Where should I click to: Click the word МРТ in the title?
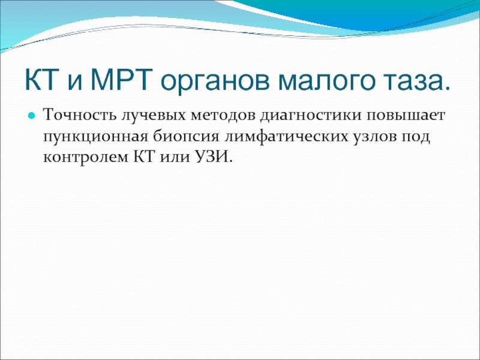click(121, 80)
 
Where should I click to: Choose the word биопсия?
click(186, 137)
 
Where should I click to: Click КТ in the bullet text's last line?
click(144, 157)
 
